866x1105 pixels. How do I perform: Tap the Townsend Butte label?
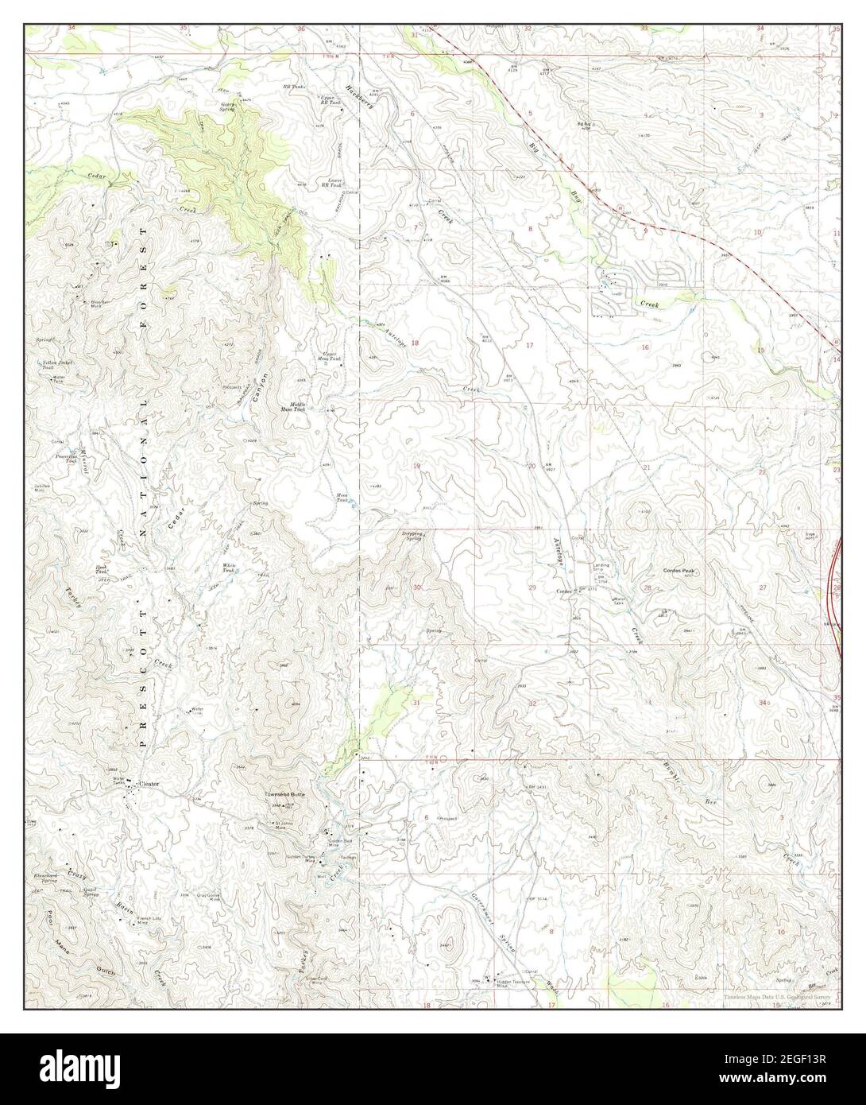click(285, 794)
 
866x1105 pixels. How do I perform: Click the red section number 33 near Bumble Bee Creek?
click(648, 701)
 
